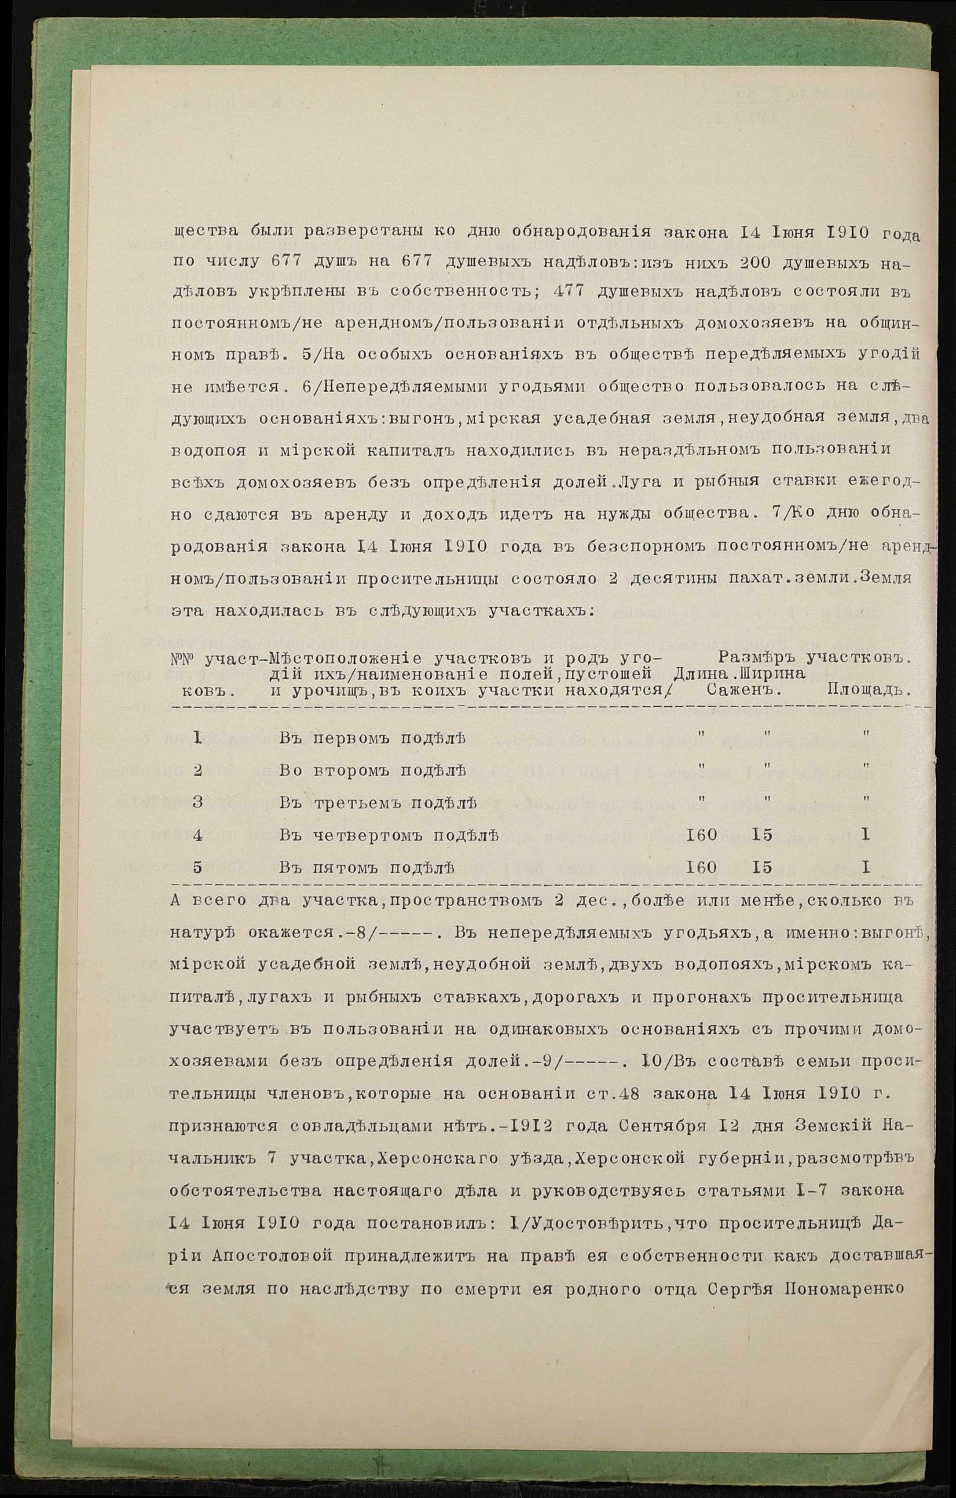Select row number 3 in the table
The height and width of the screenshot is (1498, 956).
pyautogui.click(x=198, y=803)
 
